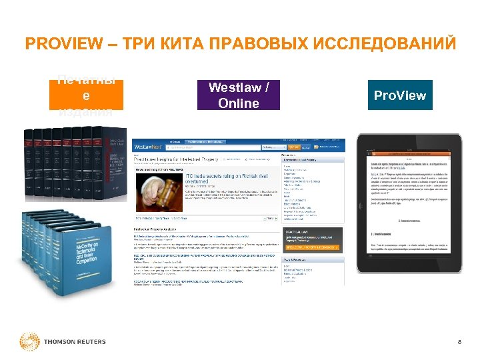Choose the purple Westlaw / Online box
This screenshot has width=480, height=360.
239,95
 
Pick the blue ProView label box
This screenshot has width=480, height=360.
400,95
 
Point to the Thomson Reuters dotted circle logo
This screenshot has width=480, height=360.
29,341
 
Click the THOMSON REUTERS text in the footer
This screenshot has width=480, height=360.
75,342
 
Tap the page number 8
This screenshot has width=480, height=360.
459,343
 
